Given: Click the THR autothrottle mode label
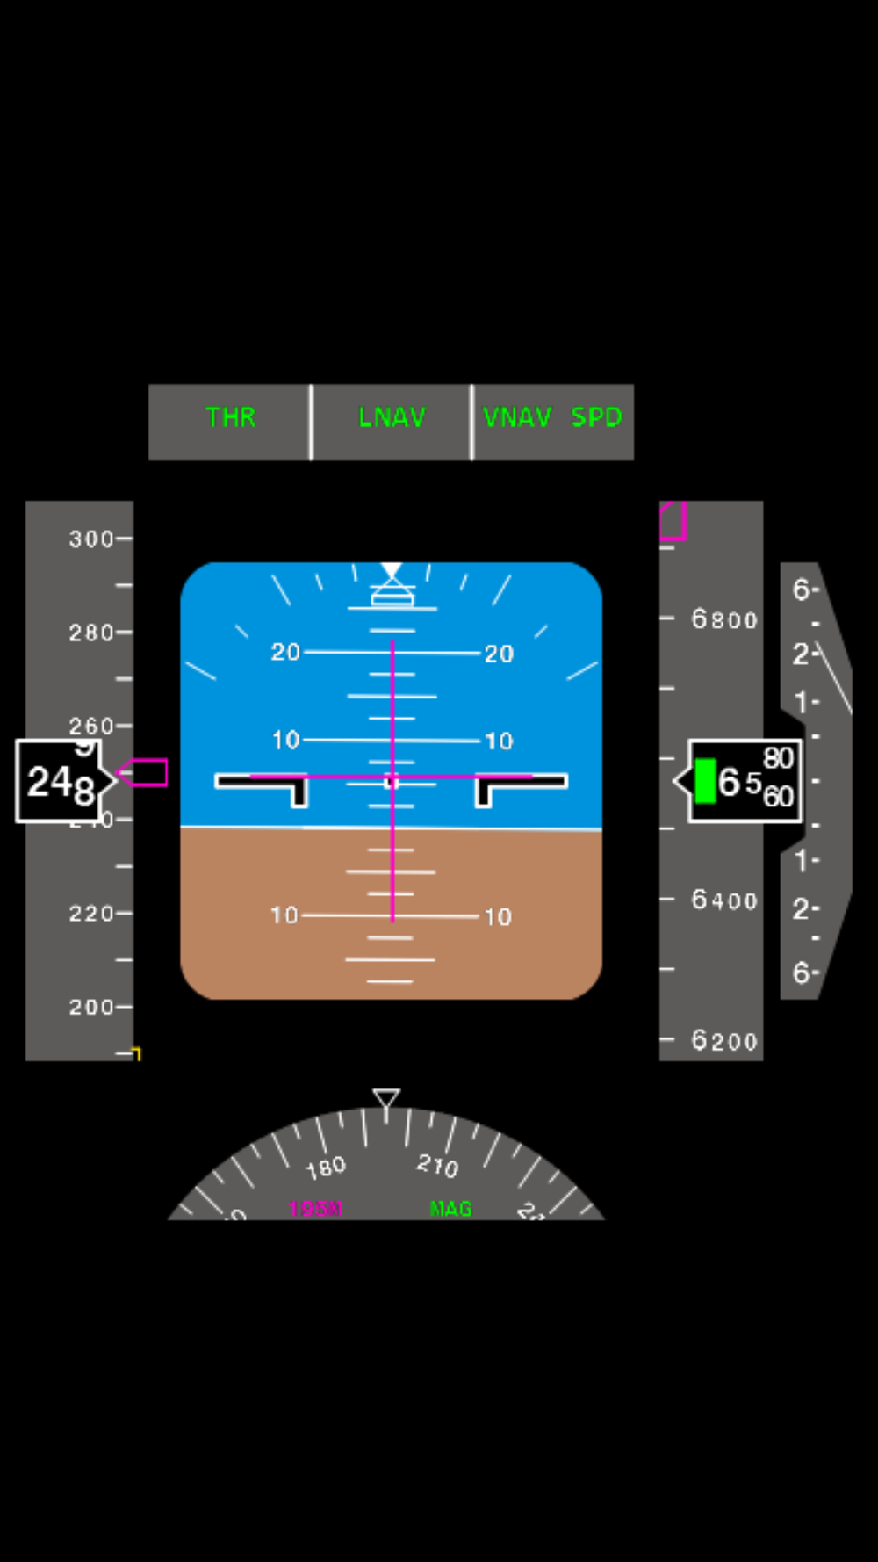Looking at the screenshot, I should point(231,417).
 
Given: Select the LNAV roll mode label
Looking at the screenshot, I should point(392,417).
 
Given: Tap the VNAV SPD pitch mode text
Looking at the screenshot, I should point(552,417).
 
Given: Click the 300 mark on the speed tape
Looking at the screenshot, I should point(91,539).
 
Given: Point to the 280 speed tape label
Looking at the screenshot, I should point(91,633).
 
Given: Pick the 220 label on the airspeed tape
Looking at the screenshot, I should point(91,914).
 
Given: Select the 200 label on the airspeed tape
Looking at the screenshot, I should point(91,1007).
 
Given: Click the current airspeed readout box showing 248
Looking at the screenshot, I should point(60,781).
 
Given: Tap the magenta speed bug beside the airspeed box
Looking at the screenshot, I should point(145,772).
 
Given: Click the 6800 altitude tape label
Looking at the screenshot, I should point(724,619).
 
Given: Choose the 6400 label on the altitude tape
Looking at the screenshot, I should point(724,900).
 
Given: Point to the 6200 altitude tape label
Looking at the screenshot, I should point(724,1041).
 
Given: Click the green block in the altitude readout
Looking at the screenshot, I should point(705,781).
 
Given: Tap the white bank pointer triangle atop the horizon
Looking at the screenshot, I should point(392,571).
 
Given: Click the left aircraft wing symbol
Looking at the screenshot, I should point(263,785).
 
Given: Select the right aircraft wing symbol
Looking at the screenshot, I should point(520,785).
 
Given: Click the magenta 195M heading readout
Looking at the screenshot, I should point(315,1209).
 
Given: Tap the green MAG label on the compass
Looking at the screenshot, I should point(450,1209).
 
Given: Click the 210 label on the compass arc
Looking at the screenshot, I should point(437,1166).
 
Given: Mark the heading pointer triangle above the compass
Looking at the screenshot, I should point(386,1098).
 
